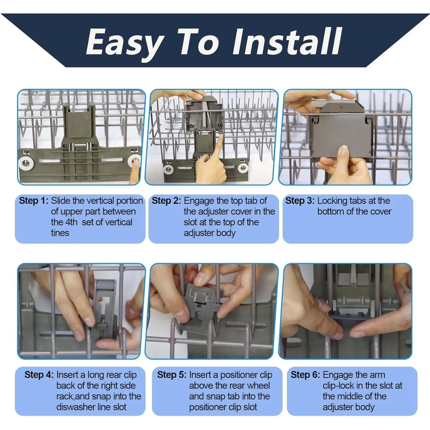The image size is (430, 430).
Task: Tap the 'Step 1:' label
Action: click(34, 201)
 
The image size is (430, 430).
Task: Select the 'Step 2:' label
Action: click(166, 201)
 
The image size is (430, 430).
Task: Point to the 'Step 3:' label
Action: click(300, 201)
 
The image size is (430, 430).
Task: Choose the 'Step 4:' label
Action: click(39, 375)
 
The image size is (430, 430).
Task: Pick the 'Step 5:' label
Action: click(172, 375)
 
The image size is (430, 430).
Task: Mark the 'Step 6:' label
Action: click(305, 375)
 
